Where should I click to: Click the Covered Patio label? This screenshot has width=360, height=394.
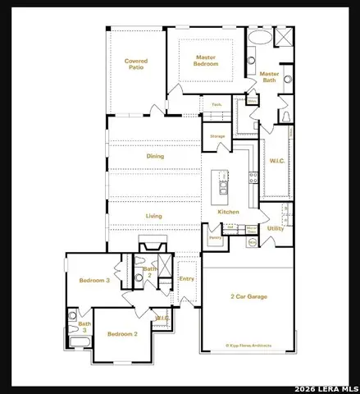coord(135,64)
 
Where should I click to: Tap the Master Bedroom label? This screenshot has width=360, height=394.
coord(206,60)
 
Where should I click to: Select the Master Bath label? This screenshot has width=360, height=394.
coord(269,77)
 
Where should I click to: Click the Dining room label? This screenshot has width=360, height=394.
coord(155,156)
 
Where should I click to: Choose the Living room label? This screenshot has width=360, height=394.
coord(153,216)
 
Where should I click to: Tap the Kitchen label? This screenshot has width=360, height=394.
coord(228,212)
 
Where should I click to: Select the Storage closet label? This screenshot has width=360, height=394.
coord(217,135)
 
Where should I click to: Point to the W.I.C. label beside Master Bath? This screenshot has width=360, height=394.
coord(275,161)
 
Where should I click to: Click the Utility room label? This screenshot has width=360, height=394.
coord(275,228)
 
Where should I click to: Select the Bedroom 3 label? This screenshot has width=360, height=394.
coord(94,281)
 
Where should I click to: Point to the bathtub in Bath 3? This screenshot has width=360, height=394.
coord(81,343)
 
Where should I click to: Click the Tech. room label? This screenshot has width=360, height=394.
coord(217,104)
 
